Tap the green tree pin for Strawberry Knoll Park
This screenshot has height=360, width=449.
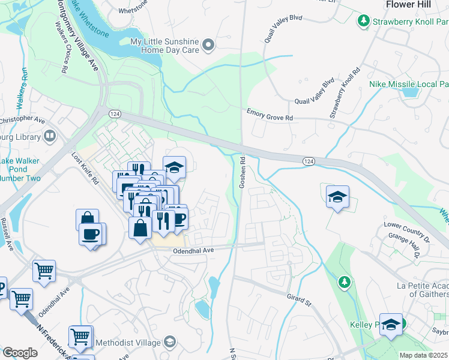tap(363, 22)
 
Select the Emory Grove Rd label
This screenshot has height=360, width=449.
tap(270, 113)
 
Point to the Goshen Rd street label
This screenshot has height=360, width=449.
tap(243, 173)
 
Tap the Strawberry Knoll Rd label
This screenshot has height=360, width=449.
tap(345, 92)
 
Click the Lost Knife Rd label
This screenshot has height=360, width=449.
tap(85, 170)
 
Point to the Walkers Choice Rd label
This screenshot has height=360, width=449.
tap(61, 47)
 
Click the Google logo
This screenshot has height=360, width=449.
tap(20, 353)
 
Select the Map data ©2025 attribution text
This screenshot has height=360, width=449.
tap(424, 355)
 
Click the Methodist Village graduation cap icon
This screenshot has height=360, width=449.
tap(170, 342)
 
